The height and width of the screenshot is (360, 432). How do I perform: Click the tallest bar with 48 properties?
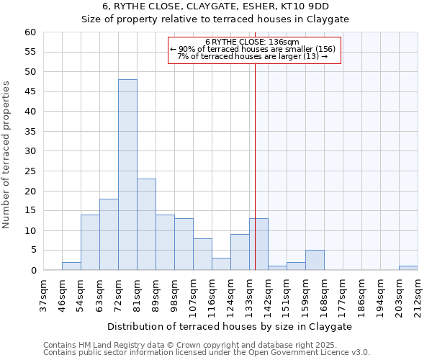click(127, 175)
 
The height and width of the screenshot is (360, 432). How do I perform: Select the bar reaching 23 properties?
click(146, 225)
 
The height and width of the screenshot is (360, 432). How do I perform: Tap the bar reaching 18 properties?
click(109, 235)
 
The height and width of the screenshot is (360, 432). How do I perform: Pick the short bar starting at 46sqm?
click(71, 266)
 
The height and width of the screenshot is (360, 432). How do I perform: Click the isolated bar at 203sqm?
click(408, 268)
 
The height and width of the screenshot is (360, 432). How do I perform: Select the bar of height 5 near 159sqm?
click(315, 261)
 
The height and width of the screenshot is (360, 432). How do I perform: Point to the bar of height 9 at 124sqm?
click(240, 253)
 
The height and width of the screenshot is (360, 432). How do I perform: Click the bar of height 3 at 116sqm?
click(221, 264)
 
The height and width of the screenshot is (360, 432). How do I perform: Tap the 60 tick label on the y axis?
click(30, 32)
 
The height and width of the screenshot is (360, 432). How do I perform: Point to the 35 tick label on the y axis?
click(30, 132)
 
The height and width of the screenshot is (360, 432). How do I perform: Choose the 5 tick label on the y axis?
click(32, 251)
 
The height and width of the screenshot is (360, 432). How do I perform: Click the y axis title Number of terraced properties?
click(7, 154)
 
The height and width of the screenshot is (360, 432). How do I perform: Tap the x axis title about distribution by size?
click(230, 326)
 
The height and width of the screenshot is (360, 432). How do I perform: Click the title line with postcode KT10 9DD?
click(215, 6)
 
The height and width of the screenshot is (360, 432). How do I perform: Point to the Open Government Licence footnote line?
click(207, 352)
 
